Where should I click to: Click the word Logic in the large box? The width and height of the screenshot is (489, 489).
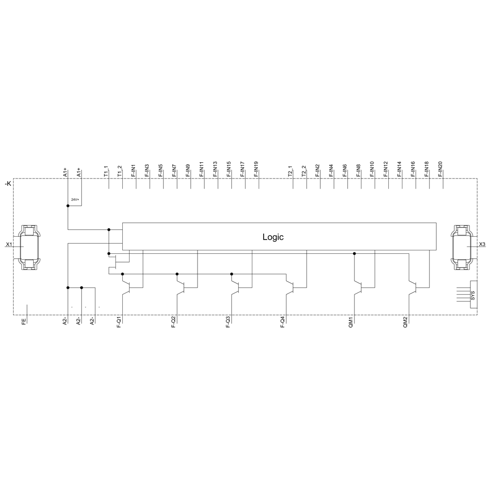coord(273,237)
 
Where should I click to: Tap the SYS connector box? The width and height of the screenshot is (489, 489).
coord(474,295)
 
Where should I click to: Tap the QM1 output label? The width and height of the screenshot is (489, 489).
coord(351,322)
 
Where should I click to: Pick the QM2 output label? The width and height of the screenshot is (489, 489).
coord(405,322)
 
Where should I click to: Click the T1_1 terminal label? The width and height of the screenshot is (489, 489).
coord(106,172)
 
